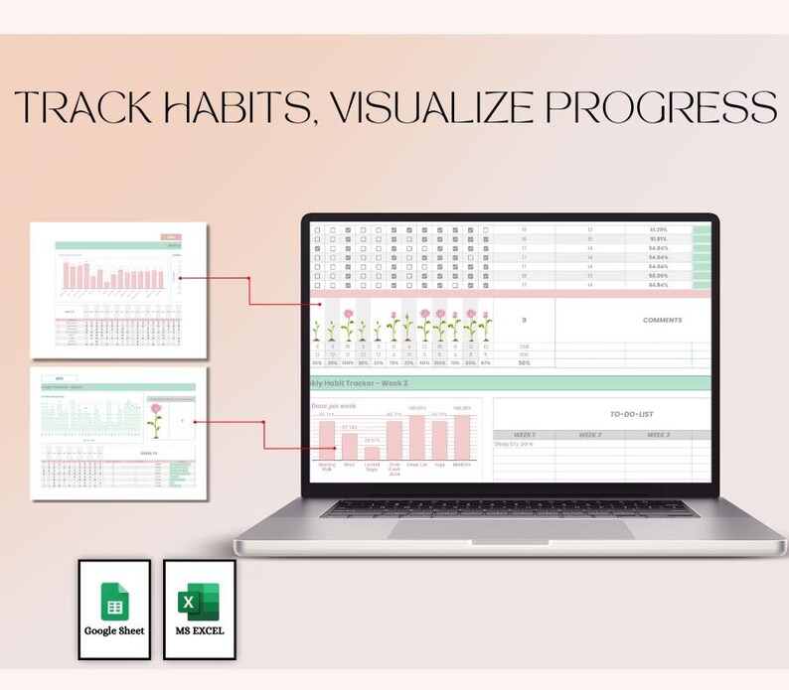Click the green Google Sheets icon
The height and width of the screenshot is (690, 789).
pos(114,602)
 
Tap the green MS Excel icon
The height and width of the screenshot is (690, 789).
pos(199,603)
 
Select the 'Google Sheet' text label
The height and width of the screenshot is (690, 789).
pos(114,630)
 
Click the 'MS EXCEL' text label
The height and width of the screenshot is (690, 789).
pos(199,630)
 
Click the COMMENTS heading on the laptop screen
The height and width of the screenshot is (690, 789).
pos(662,320)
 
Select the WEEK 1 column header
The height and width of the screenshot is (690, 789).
pos(524,435)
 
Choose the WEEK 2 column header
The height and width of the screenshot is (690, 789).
pos(590,435)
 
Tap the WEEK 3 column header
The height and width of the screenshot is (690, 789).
pos(659,435)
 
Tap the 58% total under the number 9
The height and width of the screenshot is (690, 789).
pos(523,363)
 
